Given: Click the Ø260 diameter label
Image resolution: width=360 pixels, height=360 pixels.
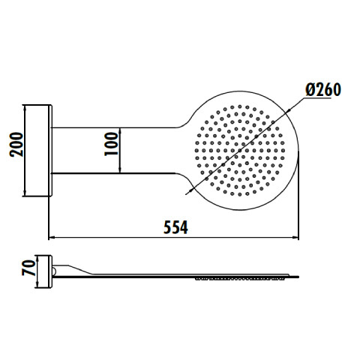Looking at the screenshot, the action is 323,89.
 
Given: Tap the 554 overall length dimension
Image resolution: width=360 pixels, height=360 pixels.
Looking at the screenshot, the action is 175,227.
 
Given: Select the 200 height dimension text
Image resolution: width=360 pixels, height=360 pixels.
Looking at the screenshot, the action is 16,145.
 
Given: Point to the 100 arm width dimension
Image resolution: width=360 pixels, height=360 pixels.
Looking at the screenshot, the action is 111,144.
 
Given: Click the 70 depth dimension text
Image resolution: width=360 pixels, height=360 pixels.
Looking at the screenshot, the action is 28,268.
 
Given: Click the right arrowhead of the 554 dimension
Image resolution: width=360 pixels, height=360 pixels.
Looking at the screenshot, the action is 295,237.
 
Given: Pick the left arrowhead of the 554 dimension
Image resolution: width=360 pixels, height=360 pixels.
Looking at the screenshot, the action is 52,237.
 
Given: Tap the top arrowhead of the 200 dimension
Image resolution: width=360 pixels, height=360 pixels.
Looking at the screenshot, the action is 25,109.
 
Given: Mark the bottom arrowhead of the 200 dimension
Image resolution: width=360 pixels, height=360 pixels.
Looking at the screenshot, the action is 25,193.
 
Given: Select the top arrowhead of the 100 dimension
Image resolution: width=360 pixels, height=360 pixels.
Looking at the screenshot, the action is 120,131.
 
